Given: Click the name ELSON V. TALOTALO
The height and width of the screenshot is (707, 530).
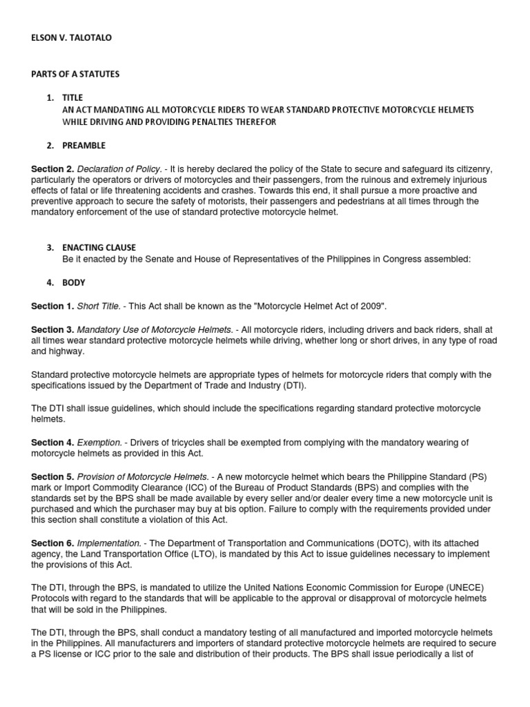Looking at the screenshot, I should tap(71, 38).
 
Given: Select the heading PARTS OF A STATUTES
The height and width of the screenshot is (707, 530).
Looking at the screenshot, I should tap(75, 75).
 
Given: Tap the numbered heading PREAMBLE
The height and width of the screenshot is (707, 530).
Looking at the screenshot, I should tap(84, 146).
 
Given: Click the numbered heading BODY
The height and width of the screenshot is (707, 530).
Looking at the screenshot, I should tap(73, 282).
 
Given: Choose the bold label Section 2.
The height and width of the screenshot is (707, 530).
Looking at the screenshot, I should tap(52, 169).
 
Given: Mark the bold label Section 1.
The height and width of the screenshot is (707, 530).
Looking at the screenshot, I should tap(52, 306).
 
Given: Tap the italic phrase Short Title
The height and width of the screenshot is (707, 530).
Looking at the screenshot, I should tap(99, 306).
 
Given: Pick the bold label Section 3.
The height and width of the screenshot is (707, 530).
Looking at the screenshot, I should tap(52, 329).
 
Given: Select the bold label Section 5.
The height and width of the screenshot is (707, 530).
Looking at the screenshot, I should tap(52, 476).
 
